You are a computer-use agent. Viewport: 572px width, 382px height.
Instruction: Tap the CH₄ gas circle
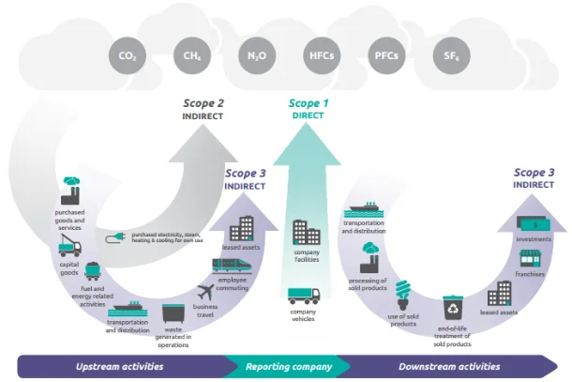point(191,56)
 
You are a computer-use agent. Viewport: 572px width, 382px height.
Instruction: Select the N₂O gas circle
point(256,56)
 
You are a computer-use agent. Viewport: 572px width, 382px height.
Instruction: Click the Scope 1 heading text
point(308,103)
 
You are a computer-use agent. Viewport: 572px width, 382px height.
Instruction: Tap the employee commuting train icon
point(231,266)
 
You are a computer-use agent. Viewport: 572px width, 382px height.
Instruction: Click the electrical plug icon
point(118,237)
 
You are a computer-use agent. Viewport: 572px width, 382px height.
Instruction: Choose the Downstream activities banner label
point(449,366)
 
